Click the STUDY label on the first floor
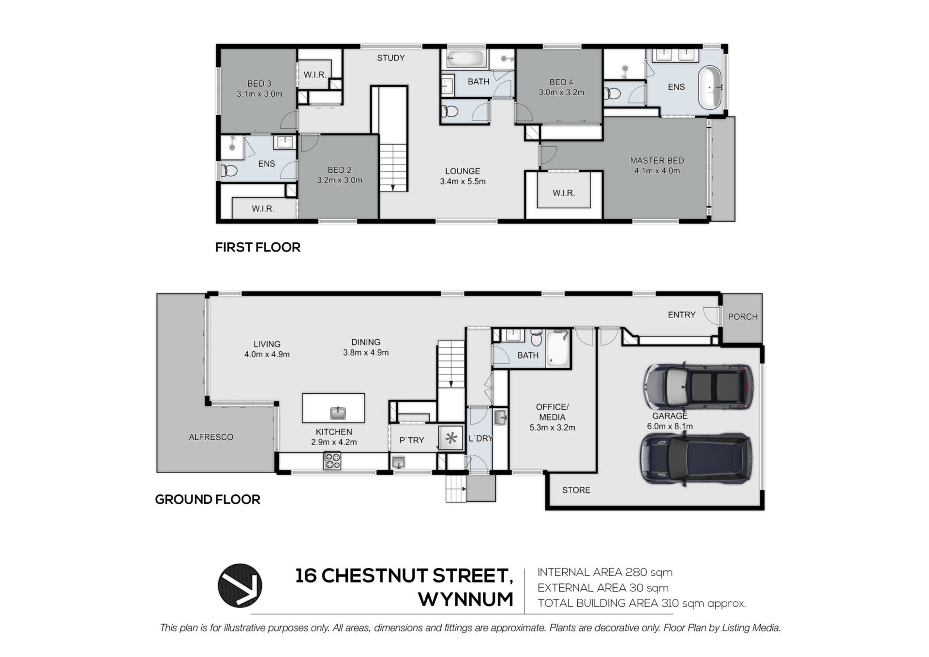tap(391, 58)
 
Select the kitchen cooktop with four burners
tap(332, 461)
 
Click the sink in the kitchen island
tap(338, 413)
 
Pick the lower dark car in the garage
tap(696, 458)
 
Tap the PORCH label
tap(743, 317)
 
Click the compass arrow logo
tap(240, 585)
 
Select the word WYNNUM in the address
tap(465, 599)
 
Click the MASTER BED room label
tap(657, 161)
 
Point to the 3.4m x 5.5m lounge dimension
tap(463, 182)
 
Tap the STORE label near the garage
tap(576, 490)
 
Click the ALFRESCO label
tap(211, 437)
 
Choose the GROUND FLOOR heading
tap(208, 499)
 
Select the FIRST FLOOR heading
tap(258, 247)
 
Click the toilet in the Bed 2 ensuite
tap(229, 171)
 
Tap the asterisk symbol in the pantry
tap(451, 438)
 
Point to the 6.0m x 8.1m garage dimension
tap(670, 427)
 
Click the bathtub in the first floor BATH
tap(465, 59)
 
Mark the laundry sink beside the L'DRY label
tap(500, 417)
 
